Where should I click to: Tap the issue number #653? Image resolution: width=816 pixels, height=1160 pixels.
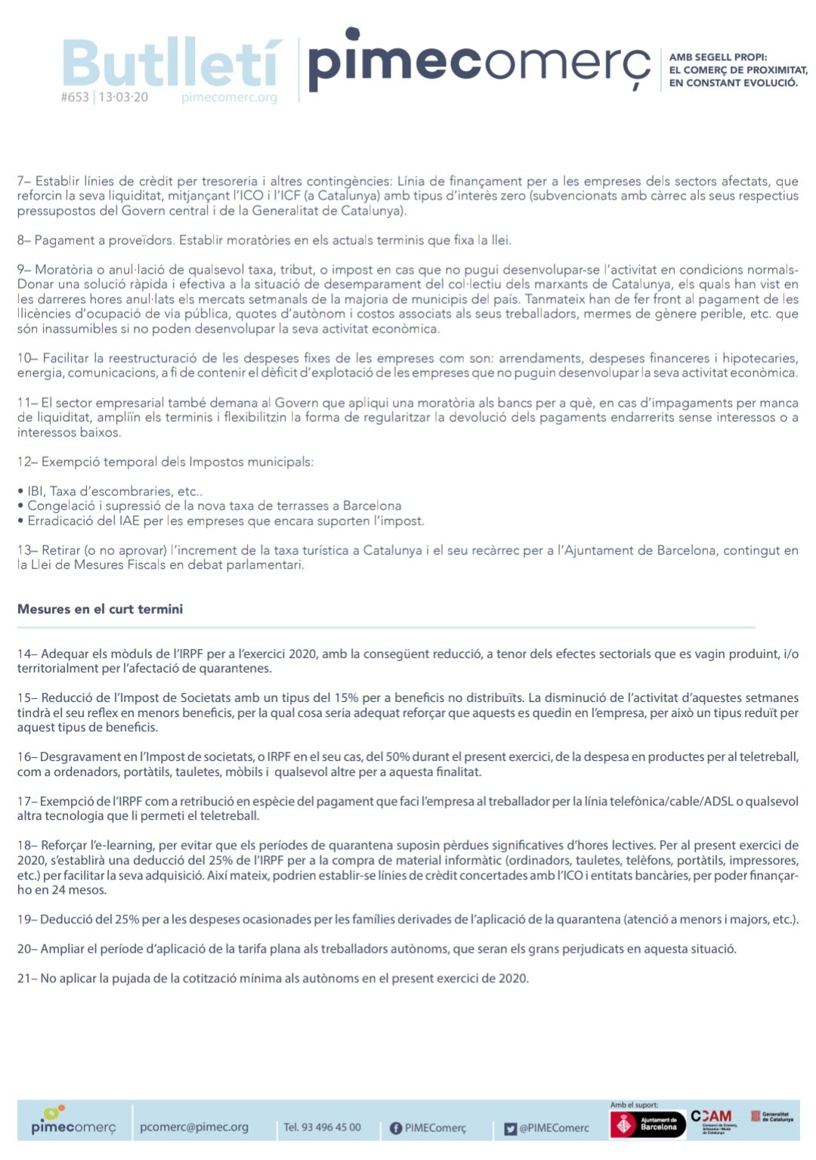pos(75,97)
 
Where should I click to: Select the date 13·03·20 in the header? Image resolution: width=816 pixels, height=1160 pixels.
pos(123,97)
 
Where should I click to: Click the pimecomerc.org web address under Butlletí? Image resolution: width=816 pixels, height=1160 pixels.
pos(229,97)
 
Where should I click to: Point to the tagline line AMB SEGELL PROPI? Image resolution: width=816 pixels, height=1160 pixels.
pos(718,57)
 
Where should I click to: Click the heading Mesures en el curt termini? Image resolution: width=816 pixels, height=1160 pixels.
pos(100,609)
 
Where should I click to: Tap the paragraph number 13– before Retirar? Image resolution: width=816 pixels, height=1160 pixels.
pos(27,550)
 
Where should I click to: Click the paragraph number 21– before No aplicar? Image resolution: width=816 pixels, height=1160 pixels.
pos(26,979)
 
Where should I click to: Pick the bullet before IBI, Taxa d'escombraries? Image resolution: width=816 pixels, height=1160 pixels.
pos(21,492)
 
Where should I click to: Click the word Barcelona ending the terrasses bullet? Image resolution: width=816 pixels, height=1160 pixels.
pos(372,506)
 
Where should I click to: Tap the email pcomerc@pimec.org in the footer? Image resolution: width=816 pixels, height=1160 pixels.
pos(194,1127)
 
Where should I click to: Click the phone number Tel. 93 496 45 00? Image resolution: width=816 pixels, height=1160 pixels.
pos(322,1128)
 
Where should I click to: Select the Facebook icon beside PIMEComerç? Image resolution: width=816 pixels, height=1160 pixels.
pos(395,1128)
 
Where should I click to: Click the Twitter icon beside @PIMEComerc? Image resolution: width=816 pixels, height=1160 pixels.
pos(510,1128)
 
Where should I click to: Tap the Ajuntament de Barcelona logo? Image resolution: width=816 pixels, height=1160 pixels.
pos(648,1124)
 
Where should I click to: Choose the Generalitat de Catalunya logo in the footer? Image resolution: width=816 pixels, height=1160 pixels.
pos(771,1117)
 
